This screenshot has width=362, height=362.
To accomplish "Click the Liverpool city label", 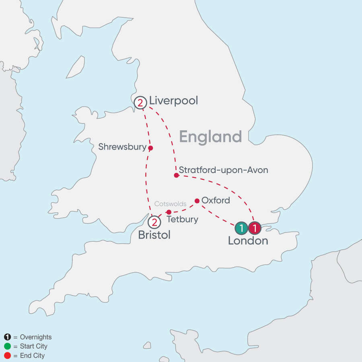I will (x=173, y=101).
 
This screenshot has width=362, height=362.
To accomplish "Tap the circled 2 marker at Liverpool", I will (x=140, y=103).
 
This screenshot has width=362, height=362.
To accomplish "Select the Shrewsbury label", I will (x=122, y=147).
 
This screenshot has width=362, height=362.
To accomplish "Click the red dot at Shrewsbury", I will (x=150, y=148).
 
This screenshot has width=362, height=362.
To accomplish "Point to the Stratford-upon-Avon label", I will (x=223, y=170).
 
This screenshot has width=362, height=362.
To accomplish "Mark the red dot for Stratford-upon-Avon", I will (x=176, y=175).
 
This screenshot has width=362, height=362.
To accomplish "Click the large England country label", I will (x=210, y=137).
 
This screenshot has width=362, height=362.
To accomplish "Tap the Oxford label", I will (x=216, y=200).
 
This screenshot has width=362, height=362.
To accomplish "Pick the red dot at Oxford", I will (x=197, y=201).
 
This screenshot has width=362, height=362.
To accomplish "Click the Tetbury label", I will (x=183, y=220).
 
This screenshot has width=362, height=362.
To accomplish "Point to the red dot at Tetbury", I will (x=169, y=212).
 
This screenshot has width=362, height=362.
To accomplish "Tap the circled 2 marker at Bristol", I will (x=154, y=222).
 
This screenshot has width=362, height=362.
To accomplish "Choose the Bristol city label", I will (x=154, y=235).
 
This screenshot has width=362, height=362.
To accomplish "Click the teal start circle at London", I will (x=241, y=228).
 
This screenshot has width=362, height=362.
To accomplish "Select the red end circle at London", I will (x=255, y=228).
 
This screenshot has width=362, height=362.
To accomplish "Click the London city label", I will (x=248, y=241).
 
